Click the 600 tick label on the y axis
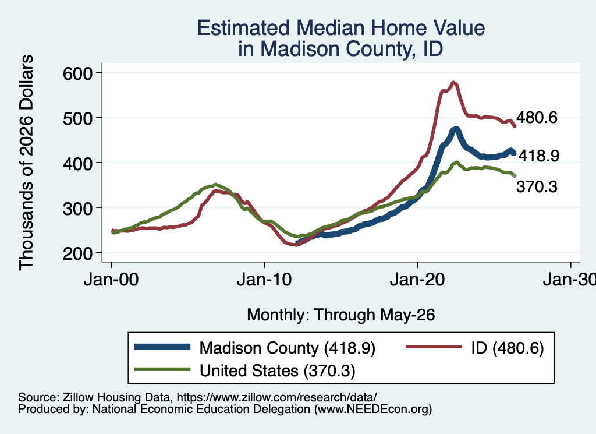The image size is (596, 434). (77, 73)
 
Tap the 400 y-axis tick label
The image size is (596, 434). (77, 164)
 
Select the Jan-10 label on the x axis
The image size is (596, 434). (264, 280)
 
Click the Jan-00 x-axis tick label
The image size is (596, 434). (111, 280)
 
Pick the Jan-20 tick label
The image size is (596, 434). (417, 280)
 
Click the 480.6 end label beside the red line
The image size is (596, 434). (537, 117)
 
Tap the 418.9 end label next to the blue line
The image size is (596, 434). (539, 156)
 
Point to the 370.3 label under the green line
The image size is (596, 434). (537, 186)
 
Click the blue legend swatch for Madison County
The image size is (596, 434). (162, 347)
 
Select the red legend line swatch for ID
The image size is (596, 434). (434, 347)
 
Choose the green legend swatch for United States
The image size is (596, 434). (162, 369)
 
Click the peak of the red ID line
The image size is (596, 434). (453, 82)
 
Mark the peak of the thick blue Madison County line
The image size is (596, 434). (456, 129)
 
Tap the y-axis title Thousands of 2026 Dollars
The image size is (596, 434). (26, 163)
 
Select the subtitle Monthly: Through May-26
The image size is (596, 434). (341, 315)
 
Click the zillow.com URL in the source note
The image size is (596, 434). (276, 397)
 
